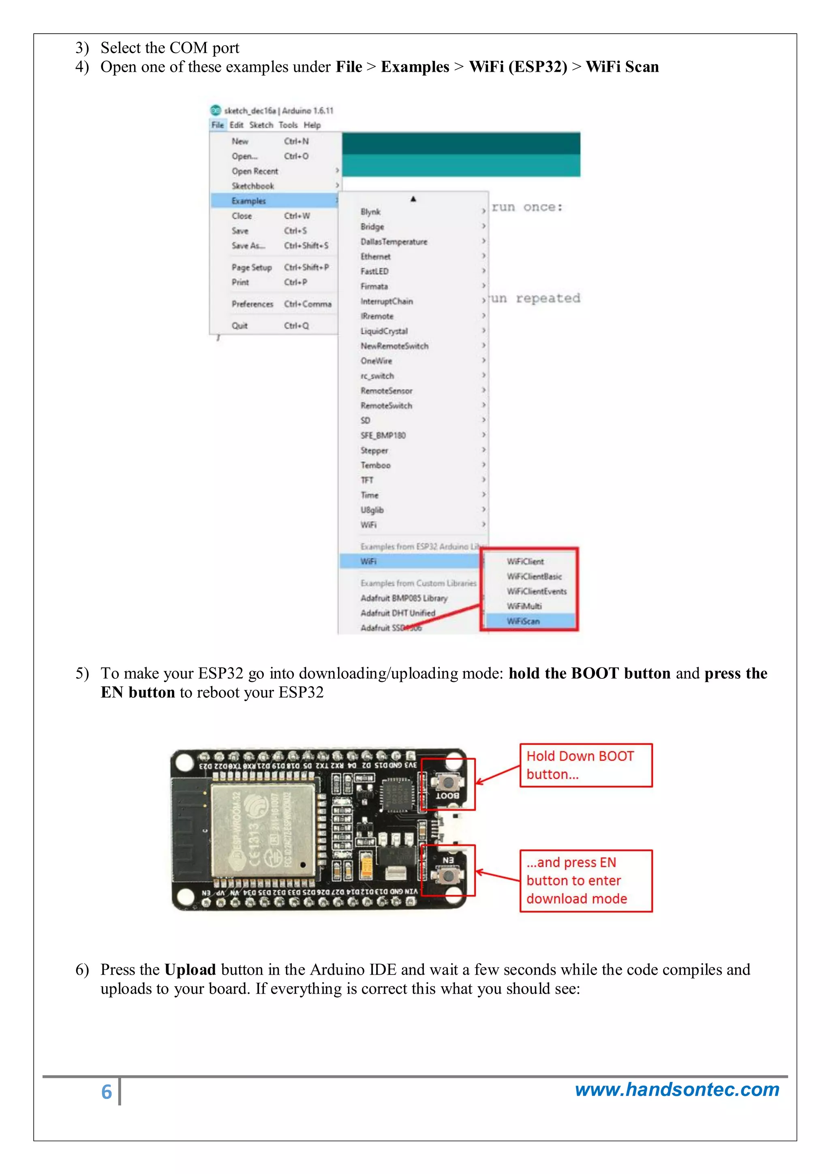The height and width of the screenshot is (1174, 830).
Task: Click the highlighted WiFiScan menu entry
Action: coord(523,621)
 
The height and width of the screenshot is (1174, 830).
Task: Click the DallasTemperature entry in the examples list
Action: coord(394,242)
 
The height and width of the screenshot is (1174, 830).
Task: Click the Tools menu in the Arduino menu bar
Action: coord(288,125)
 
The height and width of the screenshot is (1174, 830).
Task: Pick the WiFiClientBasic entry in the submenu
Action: coord(535,576)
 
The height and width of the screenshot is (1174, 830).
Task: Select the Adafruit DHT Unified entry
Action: coord(398,613)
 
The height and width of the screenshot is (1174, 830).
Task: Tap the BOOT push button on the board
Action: coord(448,782)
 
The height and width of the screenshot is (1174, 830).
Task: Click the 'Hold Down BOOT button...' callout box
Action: coord(586,765)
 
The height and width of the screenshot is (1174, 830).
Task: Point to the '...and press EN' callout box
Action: coord(586,881)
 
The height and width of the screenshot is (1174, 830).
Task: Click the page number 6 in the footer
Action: coord(106,1092)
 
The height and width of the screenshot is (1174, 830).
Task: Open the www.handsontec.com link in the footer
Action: coord(676,1090)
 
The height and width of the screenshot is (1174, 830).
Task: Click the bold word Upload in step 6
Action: coord(190,970)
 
